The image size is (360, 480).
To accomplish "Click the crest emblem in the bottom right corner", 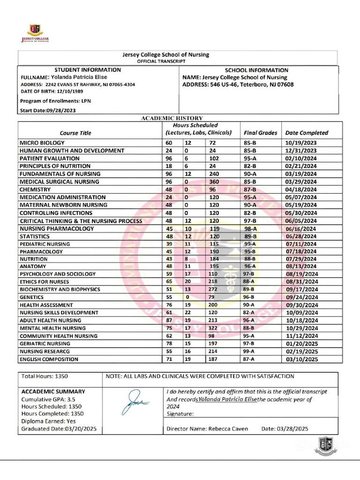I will [x=324, y=446].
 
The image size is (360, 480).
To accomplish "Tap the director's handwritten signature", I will [x=135, y=403].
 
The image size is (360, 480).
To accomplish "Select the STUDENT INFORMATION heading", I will [x=88, y=70].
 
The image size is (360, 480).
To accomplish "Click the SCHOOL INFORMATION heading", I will [x=256, y=70].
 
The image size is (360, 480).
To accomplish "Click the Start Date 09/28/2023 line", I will [x=48, y=111].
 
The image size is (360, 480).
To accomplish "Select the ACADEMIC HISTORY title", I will [x=172, y=118].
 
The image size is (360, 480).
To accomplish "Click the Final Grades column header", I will [x=260, y=133].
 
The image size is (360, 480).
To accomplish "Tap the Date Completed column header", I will [x=307, y=133].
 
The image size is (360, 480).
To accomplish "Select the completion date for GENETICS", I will [x=301, y=297].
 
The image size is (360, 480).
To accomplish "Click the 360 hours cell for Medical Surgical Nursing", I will [x=216, y=182].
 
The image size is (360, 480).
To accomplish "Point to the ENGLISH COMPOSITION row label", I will [x=49, y=360].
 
